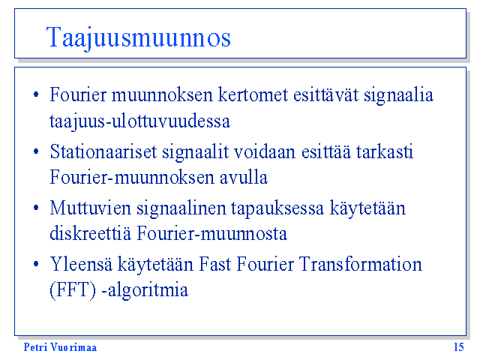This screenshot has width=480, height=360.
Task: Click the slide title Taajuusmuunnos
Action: [x=138, y=38]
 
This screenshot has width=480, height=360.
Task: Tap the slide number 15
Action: [x=459, y=347]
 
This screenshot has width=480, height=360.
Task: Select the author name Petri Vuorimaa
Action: [x=60, y=347]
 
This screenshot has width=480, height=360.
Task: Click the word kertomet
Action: [x=253, y=94]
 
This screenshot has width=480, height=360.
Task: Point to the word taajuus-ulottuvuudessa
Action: [x=140, y=121]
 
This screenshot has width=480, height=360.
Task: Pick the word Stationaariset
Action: [x=103, y=151]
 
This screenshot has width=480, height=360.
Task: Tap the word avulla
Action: [x=244, y=177]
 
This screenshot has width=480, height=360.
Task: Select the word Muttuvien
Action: [x=90, y=208]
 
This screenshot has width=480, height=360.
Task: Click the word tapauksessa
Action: [x=277, y=209]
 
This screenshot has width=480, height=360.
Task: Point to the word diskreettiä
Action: [x=90, y=233]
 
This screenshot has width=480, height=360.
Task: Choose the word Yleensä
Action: [x=81, y=264]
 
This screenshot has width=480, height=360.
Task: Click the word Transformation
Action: [x=361, y=264]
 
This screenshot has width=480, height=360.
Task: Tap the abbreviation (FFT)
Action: [x=73, y=290]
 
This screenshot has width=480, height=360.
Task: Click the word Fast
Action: [x=215, y=264]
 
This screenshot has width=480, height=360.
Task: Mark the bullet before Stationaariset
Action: [x=36, y=151]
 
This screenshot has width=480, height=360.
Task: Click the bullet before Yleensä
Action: [x=36, y=264]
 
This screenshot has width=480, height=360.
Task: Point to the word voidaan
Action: [x=265, y=151]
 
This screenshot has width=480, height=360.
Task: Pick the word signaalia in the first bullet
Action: [x=398, y=95]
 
